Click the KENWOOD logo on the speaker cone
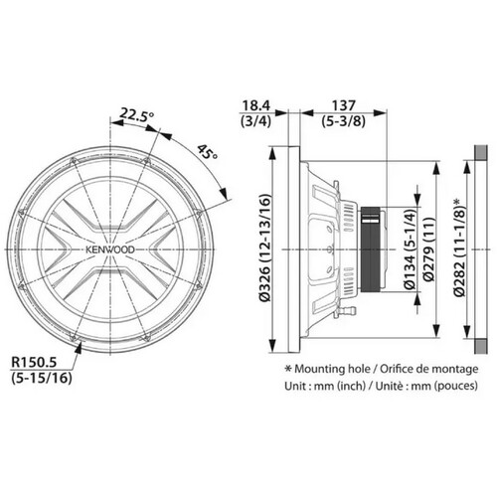click(110, 249)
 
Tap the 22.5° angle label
click(137, 114)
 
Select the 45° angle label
click(207, 152)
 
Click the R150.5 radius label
click(34, 362)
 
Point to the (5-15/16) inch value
click(42, 378)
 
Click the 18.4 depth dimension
click(256, 105)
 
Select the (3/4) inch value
click(255, 121)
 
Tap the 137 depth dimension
click(344, 105)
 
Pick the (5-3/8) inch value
click(344, 121)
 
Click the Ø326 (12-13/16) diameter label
click(265, 248)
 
